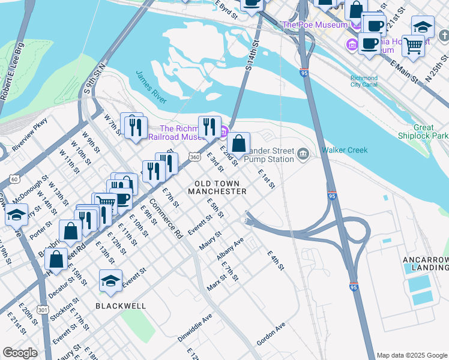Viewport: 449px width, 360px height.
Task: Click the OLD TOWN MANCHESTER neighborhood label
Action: (x=217, y=187)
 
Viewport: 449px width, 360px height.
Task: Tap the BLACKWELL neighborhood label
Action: (x=121, y=306)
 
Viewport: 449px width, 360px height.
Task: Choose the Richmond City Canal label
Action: (x=364, y=82)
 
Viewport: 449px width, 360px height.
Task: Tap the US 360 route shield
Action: (x=195, y=157)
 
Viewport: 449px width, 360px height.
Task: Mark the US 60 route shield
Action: (x=14, y=179)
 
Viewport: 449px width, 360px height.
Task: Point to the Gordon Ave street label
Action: (x=271, y=332)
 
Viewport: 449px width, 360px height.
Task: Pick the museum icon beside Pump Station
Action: (x=303, y=155)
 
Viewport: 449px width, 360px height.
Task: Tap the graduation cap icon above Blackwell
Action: (x=111, y=281)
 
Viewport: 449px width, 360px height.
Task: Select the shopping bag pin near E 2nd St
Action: (x=238, y=144)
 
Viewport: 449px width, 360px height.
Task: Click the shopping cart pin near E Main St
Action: (x=413, y=44)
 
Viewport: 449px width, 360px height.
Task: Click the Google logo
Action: (x=20, y=353)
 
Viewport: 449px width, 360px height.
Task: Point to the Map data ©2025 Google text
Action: (x=412, y=355)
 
